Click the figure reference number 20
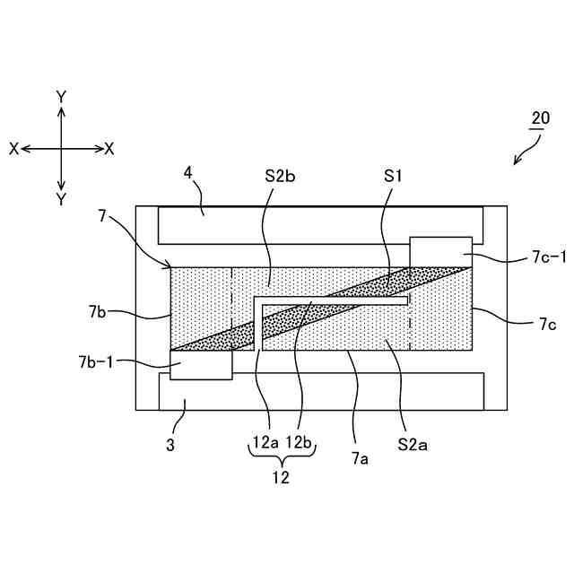pyautogui.click(x=540, y=118)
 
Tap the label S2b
pyautogui.click(x=280, y=175)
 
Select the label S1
pyautogui.click(x=392, y=176)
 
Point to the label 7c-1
pyautogui.click(x=537, y=260)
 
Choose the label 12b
pyautogui.click(x=298, y=442)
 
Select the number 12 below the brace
pyautogui.click(x=281, y=478)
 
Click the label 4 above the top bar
pyautogui.click(x=188, y=172)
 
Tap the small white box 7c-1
pyautogui.click(x=440, y=252)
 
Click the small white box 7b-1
pyautogui.click(x=201, y=364)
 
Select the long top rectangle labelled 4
pyautogui.click(x=320, y=224)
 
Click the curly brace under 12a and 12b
pyautogui.click(x=281, y=457)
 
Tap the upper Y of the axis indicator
pyautogui.click(x=61, y=96)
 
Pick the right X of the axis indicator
pyautogui.click(x=109, y=148)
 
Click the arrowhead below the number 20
pyautogui.click(x=516, y=162)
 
